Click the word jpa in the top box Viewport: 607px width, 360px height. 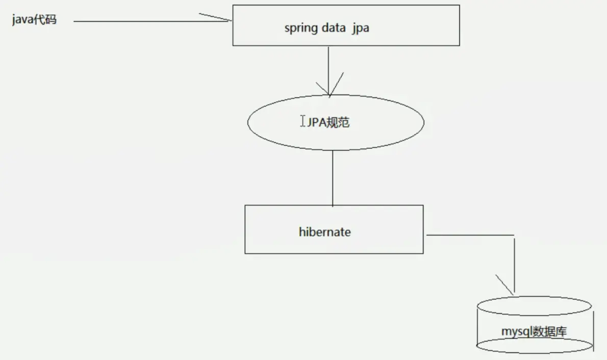coord(360,29)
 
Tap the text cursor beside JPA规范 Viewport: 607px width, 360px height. coord(303,121)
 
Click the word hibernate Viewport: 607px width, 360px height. coord(325,232)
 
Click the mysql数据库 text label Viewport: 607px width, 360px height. coord(534,332)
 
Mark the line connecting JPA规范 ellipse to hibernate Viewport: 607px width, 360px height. coord(333,178)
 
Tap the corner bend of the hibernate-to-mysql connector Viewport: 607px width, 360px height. coord(514,235)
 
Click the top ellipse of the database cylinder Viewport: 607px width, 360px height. coord(534,305)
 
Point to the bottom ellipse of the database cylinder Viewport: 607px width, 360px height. coord(534,345)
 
